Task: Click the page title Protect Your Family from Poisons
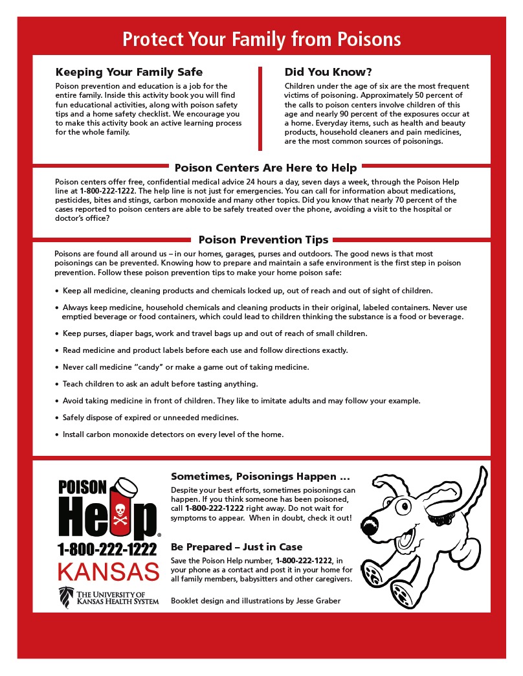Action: point(261,39)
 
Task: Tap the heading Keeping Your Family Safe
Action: point(129,72)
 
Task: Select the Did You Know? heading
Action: point(328,72)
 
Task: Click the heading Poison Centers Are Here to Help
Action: point(261,168)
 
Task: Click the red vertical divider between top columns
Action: point(260,107)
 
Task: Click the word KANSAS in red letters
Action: point(108,572)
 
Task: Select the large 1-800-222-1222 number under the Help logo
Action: point(107,550)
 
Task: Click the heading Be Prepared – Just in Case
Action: point(236,547)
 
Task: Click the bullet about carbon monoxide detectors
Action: point(173,434)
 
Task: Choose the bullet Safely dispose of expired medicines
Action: point(150,417)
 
